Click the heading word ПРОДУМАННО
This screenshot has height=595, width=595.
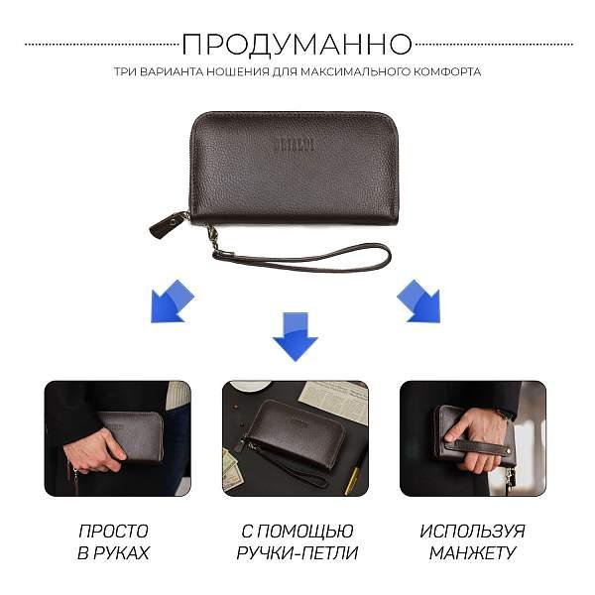coord(297,44)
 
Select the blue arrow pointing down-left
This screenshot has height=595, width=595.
coord(172,301)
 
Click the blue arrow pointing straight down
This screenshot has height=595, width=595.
coord(296,335)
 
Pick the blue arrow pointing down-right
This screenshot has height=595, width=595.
coord(418,301)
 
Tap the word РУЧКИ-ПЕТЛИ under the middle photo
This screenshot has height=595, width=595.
coord(297,552)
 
